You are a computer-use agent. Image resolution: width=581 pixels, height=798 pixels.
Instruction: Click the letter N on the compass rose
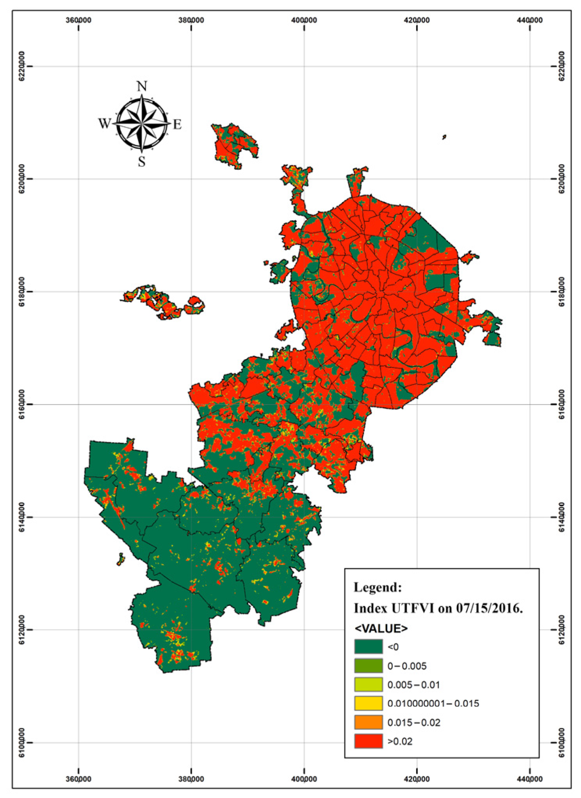tap(142, 86)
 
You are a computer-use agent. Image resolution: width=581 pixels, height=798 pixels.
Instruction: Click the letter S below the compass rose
tap(142, 162)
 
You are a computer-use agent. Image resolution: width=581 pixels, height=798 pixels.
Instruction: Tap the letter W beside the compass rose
tap(104, 124)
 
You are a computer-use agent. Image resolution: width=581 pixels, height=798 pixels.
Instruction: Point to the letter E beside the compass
tap(177, 125)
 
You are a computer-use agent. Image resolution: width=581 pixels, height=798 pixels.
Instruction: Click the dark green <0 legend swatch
tap(368, 647)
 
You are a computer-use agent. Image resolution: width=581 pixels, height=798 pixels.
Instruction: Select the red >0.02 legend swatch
tap(368, 741)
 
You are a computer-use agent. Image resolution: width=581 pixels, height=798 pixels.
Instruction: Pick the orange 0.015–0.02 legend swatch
tap(368, 722)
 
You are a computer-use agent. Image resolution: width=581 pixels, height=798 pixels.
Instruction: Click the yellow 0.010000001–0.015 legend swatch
tap(368, 703)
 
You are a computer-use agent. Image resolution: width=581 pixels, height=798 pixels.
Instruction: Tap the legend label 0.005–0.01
tap(413, 685)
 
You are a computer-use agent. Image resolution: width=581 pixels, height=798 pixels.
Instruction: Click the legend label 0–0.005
tap(407, 666)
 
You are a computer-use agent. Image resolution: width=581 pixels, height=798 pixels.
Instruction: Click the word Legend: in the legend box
tap(377, 587)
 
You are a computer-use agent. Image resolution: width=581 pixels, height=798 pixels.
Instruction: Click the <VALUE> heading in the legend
tap(381, 628)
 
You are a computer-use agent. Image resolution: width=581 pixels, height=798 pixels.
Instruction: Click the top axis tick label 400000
tap(304, 20)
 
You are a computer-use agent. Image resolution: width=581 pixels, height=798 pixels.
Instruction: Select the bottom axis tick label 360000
tap(78, 779)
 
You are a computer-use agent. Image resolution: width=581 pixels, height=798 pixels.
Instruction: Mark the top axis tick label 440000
tap(529, 20)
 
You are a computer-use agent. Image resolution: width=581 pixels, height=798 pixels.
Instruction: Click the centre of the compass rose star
tap(142, 124)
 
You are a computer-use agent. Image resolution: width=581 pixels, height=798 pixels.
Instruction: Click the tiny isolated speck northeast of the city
tap(444, 137)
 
